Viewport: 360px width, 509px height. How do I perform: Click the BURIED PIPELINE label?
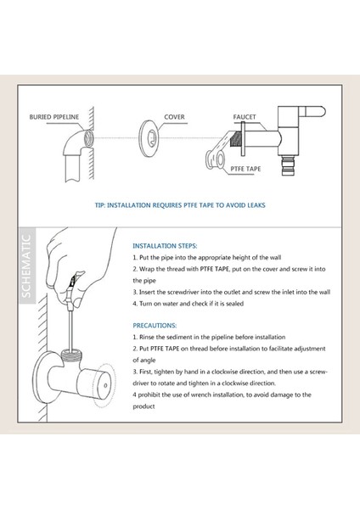[54, 117]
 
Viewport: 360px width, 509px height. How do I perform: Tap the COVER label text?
[174, 117]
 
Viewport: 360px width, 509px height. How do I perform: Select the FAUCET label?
[245, 117]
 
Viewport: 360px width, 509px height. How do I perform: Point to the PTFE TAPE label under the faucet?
[245, 169]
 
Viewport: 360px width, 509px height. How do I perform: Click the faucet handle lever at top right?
[312, 112]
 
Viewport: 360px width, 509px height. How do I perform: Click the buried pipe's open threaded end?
[88, 138]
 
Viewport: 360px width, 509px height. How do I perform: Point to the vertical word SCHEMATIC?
[26, 266]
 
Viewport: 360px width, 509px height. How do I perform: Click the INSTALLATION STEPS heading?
[165, 246]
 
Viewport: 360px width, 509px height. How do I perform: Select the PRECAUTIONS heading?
[155, 325]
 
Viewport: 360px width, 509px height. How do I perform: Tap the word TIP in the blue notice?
[100, 205]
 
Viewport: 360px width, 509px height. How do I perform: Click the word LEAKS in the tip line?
[256, 205]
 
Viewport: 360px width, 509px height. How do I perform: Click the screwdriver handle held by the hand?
[72, 284]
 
